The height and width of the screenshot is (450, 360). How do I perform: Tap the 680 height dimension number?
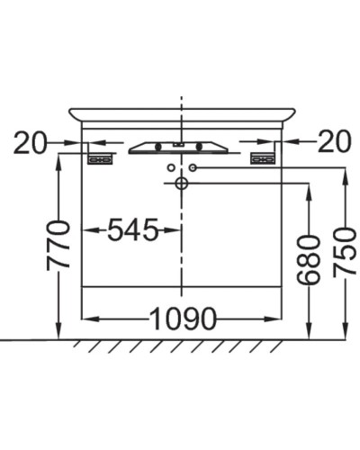(309, 259)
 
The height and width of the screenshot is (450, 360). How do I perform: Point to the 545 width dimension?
(132, 231)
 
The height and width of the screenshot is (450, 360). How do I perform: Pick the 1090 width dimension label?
(182, 319)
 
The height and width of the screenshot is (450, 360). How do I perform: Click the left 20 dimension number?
(31, 142)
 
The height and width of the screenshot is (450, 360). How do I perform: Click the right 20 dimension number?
(333, 142)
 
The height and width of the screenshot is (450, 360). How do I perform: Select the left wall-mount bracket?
(100, 158)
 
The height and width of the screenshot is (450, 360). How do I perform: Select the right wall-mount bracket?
(262, 158)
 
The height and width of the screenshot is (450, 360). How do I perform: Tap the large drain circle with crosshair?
(181, 184)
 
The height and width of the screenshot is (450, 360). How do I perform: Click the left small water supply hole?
(169, 167)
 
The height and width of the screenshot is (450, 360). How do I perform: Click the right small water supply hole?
(193, 167)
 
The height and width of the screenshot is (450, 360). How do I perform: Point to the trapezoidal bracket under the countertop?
(181, 147)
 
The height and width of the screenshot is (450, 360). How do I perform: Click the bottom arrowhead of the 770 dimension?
(59, 334)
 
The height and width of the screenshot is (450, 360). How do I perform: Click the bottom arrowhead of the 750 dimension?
(345, 334)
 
